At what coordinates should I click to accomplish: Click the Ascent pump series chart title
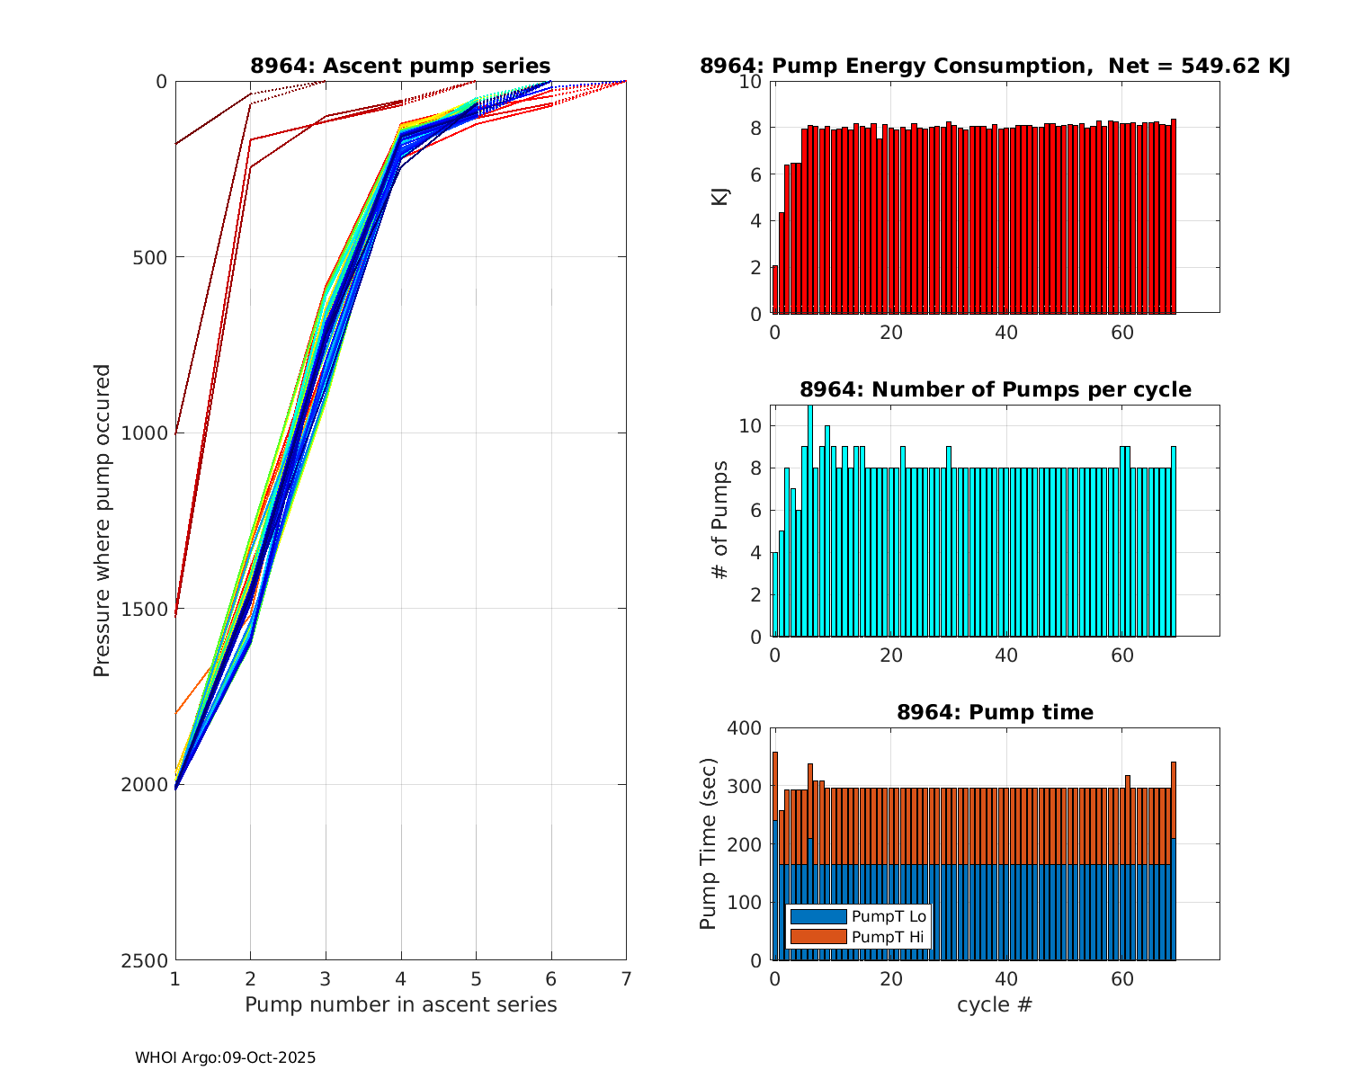(400, 66)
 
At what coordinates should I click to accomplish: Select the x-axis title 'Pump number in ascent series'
(400, 1004)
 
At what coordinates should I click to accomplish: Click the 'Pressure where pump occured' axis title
(103, 520)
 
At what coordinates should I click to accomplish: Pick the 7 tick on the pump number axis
(626, 978)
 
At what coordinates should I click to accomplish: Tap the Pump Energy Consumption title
(995, 66)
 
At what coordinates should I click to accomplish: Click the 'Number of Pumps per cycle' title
(995, 389)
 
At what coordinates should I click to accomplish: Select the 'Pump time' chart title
(995, 712)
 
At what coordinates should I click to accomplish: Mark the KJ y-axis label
(720, 196)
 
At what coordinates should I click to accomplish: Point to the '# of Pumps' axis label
(720, 520)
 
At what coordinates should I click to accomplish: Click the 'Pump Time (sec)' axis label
(709, 844)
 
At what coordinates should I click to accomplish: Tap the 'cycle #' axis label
(995, 1004)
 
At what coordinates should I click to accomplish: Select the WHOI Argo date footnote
(225, 1058)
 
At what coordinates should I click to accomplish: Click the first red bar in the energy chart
(775, 289)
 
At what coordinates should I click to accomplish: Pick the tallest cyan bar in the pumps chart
(810, 522)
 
